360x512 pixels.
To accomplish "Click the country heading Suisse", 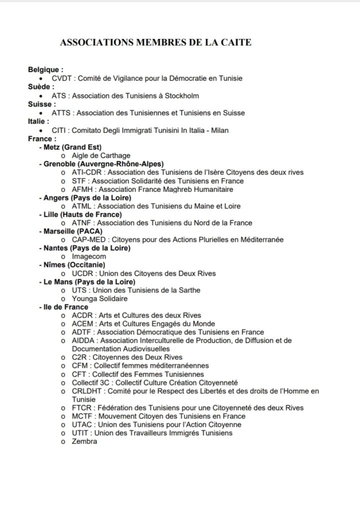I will pos(40,104).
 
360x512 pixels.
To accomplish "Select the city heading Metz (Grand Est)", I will pos(72,147).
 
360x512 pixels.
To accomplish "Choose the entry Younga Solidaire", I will pos(99,299).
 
